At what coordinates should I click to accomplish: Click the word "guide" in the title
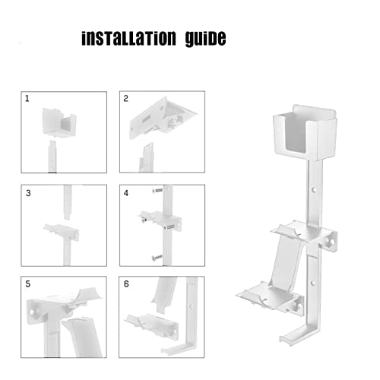[201, 40]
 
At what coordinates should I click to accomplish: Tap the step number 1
[27, 99]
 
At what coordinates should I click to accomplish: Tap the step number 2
[126, 99]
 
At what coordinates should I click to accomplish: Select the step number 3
[27, 193]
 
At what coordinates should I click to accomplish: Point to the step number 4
[126, 193]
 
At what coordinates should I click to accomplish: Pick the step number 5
[27, 284]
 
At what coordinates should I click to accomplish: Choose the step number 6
[126, 284]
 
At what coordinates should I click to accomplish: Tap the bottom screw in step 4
[157, 258]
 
